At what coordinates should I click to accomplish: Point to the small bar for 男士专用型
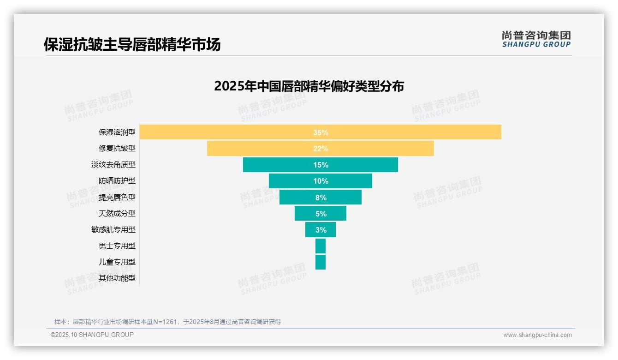321,246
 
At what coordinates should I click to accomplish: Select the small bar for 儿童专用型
321,262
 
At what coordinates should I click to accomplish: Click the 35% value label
321,132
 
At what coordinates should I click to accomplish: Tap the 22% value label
321,149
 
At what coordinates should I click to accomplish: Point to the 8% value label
321,198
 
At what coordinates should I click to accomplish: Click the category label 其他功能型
117,278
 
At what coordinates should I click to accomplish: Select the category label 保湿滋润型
117,132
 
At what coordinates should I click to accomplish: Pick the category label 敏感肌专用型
113,230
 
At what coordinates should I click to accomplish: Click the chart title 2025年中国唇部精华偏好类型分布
309,86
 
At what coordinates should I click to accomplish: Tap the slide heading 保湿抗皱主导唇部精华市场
132,45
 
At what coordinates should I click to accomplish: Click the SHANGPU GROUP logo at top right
536,39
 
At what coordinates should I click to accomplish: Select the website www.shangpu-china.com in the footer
537,335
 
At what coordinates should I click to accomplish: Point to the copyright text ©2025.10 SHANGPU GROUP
92,335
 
